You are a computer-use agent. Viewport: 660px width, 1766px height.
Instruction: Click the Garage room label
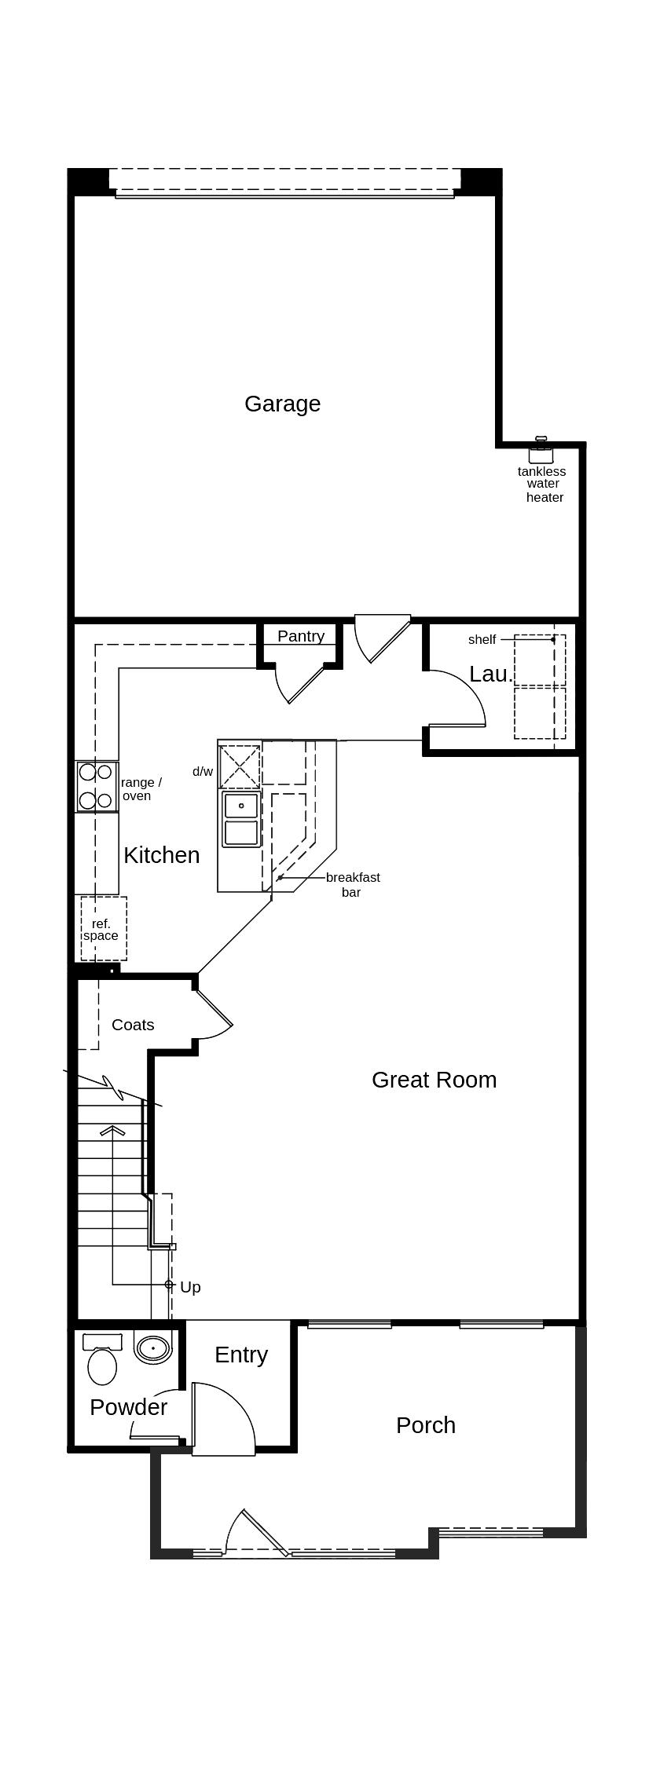point(282,404)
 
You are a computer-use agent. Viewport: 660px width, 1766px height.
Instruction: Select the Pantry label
point(301,636)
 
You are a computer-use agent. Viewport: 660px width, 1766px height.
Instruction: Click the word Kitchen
point(162,855)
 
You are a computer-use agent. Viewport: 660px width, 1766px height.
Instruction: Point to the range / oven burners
point(96,786)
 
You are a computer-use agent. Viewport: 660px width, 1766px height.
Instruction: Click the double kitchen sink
point(241,819)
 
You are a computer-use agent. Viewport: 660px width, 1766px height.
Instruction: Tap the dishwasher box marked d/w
point(240,766)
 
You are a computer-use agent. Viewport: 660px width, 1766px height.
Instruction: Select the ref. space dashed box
point(104,928)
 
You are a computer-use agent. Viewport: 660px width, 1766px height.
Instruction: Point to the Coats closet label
point(133,1025)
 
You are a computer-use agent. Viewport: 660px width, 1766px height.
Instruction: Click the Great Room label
point(434,1080)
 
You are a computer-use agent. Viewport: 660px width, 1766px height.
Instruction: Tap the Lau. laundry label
point(491,674)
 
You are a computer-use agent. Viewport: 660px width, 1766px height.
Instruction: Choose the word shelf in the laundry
point(482,639)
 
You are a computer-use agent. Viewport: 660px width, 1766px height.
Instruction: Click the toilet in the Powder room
point(102,1359)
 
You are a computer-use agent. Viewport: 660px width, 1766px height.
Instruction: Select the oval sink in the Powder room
point(153,1348)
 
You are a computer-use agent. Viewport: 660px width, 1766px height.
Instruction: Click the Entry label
point(241,1355)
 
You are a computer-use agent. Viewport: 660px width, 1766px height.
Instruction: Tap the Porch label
point(426,1425)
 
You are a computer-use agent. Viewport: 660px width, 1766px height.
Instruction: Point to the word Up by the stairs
point(190,1287)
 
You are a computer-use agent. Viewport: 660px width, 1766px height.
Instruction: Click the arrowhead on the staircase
point(113,1131)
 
